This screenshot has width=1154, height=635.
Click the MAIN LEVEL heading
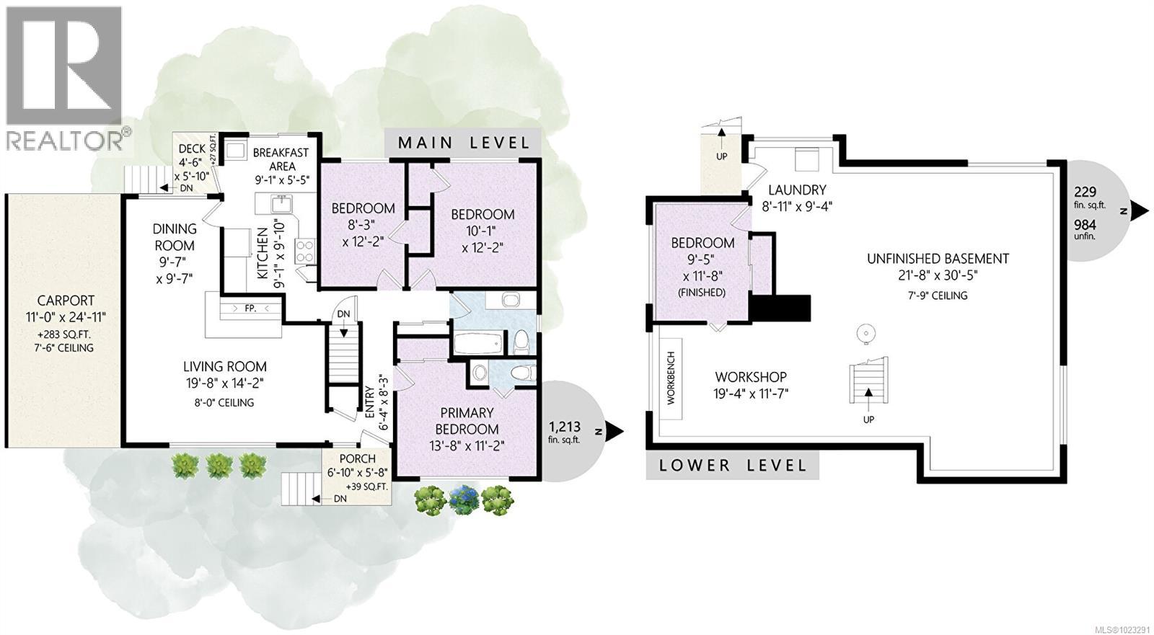(x=464, y=143)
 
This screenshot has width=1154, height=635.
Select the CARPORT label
(x=66, y=301)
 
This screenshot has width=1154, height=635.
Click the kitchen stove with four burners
(x=304, y=252)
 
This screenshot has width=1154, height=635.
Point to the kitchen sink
(x=281, y=204)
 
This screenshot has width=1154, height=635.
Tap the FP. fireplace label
(x=250, y=308)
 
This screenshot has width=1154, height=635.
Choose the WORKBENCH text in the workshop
(x=671, y=378)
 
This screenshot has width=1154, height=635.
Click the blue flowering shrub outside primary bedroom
(x=464, y=499)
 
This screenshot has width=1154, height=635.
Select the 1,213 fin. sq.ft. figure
(x=565, y=432)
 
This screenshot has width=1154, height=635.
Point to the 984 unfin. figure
(x=1085, y=230)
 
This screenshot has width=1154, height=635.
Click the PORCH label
(x=358, y=458)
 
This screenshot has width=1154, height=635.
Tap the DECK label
(x=192, y=148)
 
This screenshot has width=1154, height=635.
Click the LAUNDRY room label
(x=797, y=190)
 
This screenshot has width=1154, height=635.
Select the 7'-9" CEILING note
(x=938, y=296)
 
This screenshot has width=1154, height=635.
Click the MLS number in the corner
(x=1123, y=629)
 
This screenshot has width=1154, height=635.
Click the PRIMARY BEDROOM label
(x=467, y=421)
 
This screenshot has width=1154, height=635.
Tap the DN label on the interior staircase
(x=343, y=314)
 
